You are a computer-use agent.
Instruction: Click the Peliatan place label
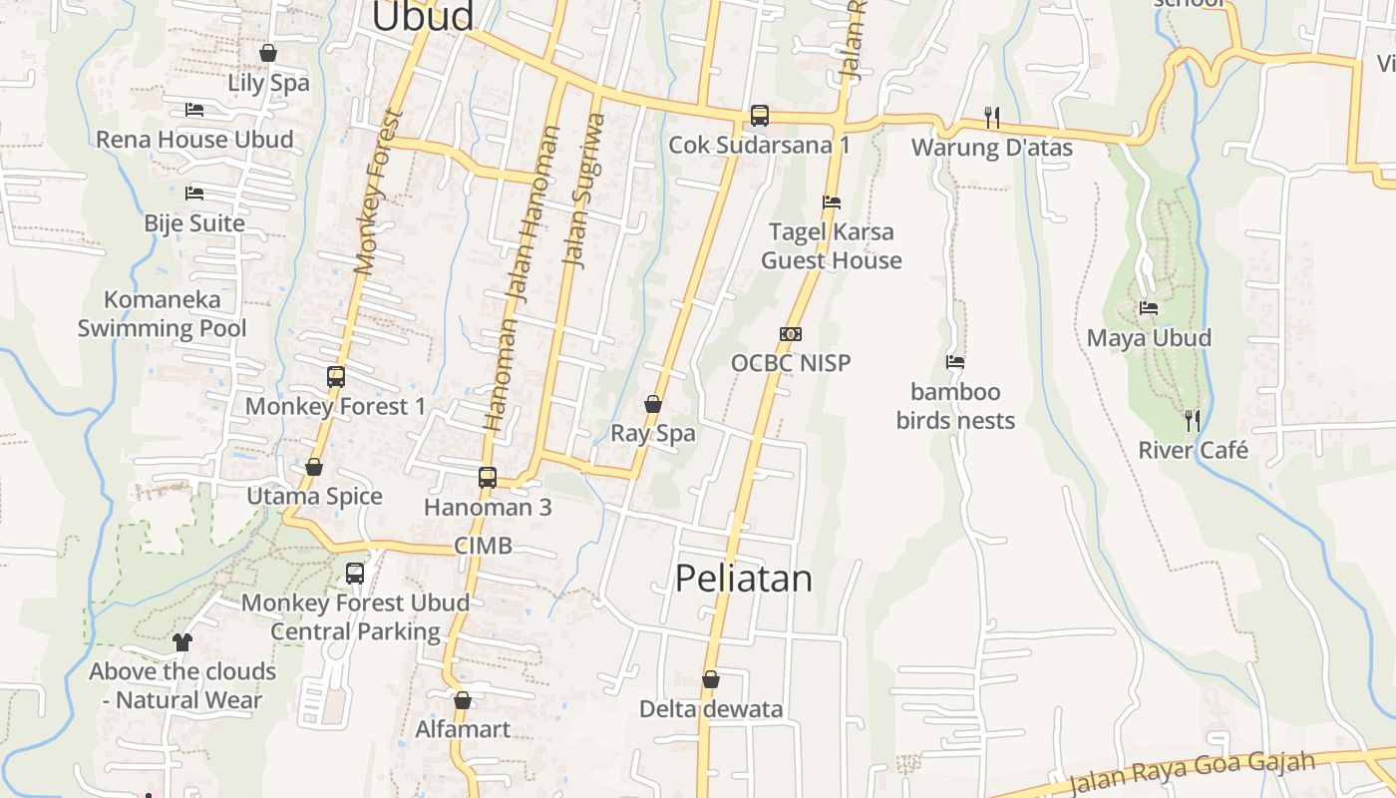[744, 579]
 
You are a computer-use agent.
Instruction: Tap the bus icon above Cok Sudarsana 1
[760, 116]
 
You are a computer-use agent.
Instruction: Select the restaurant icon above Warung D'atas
[992, 118]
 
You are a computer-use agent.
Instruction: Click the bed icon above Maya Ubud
[1149, 308]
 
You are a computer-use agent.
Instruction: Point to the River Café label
[1193, 450]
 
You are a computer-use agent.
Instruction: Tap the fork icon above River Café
[1191, 420]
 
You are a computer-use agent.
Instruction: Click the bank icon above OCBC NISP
[791, 334]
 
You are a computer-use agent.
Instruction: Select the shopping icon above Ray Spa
[653, 404]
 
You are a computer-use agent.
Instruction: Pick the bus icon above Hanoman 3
[488, 477]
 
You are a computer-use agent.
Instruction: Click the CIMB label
[483, 546]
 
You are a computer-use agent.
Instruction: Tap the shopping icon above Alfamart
[462, 700]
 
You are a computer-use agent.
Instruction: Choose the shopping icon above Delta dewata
[711, 679]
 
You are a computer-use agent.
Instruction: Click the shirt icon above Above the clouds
[181, 641]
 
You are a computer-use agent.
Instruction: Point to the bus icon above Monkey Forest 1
[336, 377]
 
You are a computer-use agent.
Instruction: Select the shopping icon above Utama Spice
[314, 467]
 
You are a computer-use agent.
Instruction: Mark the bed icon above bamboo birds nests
[955, 362]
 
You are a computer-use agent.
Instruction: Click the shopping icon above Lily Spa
[268, 53]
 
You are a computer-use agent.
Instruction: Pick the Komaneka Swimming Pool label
[163, 313]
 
